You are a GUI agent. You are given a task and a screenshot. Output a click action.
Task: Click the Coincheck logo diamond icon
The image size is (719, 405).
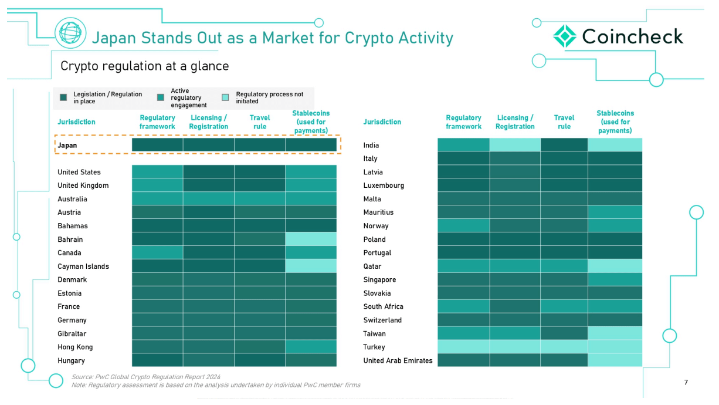pos(565,36)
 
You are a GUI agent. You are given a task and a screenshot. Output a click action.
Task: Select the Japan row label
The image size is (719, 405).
pos(67,145)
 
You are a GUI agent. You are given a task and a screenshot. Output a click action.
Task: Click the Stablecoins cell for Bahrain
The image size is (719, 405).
pos(311,239)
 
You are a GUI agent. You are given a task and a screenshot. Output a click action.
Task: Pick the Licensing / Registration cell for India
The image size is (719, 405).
pos(515,145)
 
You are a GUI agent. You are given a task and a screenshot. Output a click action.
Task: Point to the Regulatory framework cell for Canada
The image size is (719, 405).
pos(157,252)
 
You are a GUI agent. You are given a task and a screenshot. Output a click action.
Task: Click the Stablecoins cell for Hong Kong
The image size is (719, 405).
pos(311,347)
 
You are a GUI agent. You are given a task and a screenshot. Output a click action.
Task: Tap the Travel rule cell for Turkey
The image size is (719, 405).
pos(564,347)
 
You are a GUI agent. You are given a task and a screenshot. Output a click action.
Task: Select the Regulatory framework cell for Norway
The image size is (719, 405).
pos(463,225)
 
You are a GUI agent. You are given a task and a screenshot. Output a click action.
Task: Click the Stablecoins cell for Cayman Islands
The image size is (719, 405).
pos(311,266)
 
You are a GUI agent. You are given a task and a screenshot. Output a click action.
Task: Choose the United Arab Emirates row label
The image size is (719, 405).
pos(398,360)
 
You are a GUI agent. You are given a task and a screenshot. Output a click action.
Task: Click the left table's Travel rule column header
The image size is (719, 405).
pos(260,122)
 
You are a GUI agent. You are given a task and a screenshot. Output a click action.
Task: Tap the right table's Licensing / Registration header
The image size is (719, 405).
pos(515,122)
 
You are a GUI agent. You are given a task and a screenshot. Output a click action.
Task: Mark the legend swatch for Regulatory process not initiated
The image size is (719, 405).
pos(225,97)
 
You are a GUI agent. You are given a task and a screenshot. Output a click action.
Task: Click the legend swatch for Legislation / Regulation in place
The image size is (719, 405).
pos(63,97)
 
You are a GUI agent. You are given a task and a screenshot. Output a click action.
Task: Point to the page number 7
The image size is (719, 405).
pos(686,383)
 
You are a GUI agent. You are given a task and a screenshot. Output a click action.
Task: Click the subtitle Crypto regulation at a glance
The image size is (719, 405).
pos(144,66)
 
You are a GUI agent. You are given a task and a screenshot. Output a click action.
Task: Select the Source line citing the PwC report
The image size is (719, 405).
pos(146,377)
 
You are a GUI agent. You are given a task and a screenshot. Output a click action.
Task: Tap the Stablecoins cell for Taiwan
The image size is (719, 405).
pos(615,333)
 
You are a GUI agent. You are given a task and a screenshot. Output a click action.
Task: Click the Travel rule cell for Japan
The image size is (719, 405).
pos(260,145)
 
